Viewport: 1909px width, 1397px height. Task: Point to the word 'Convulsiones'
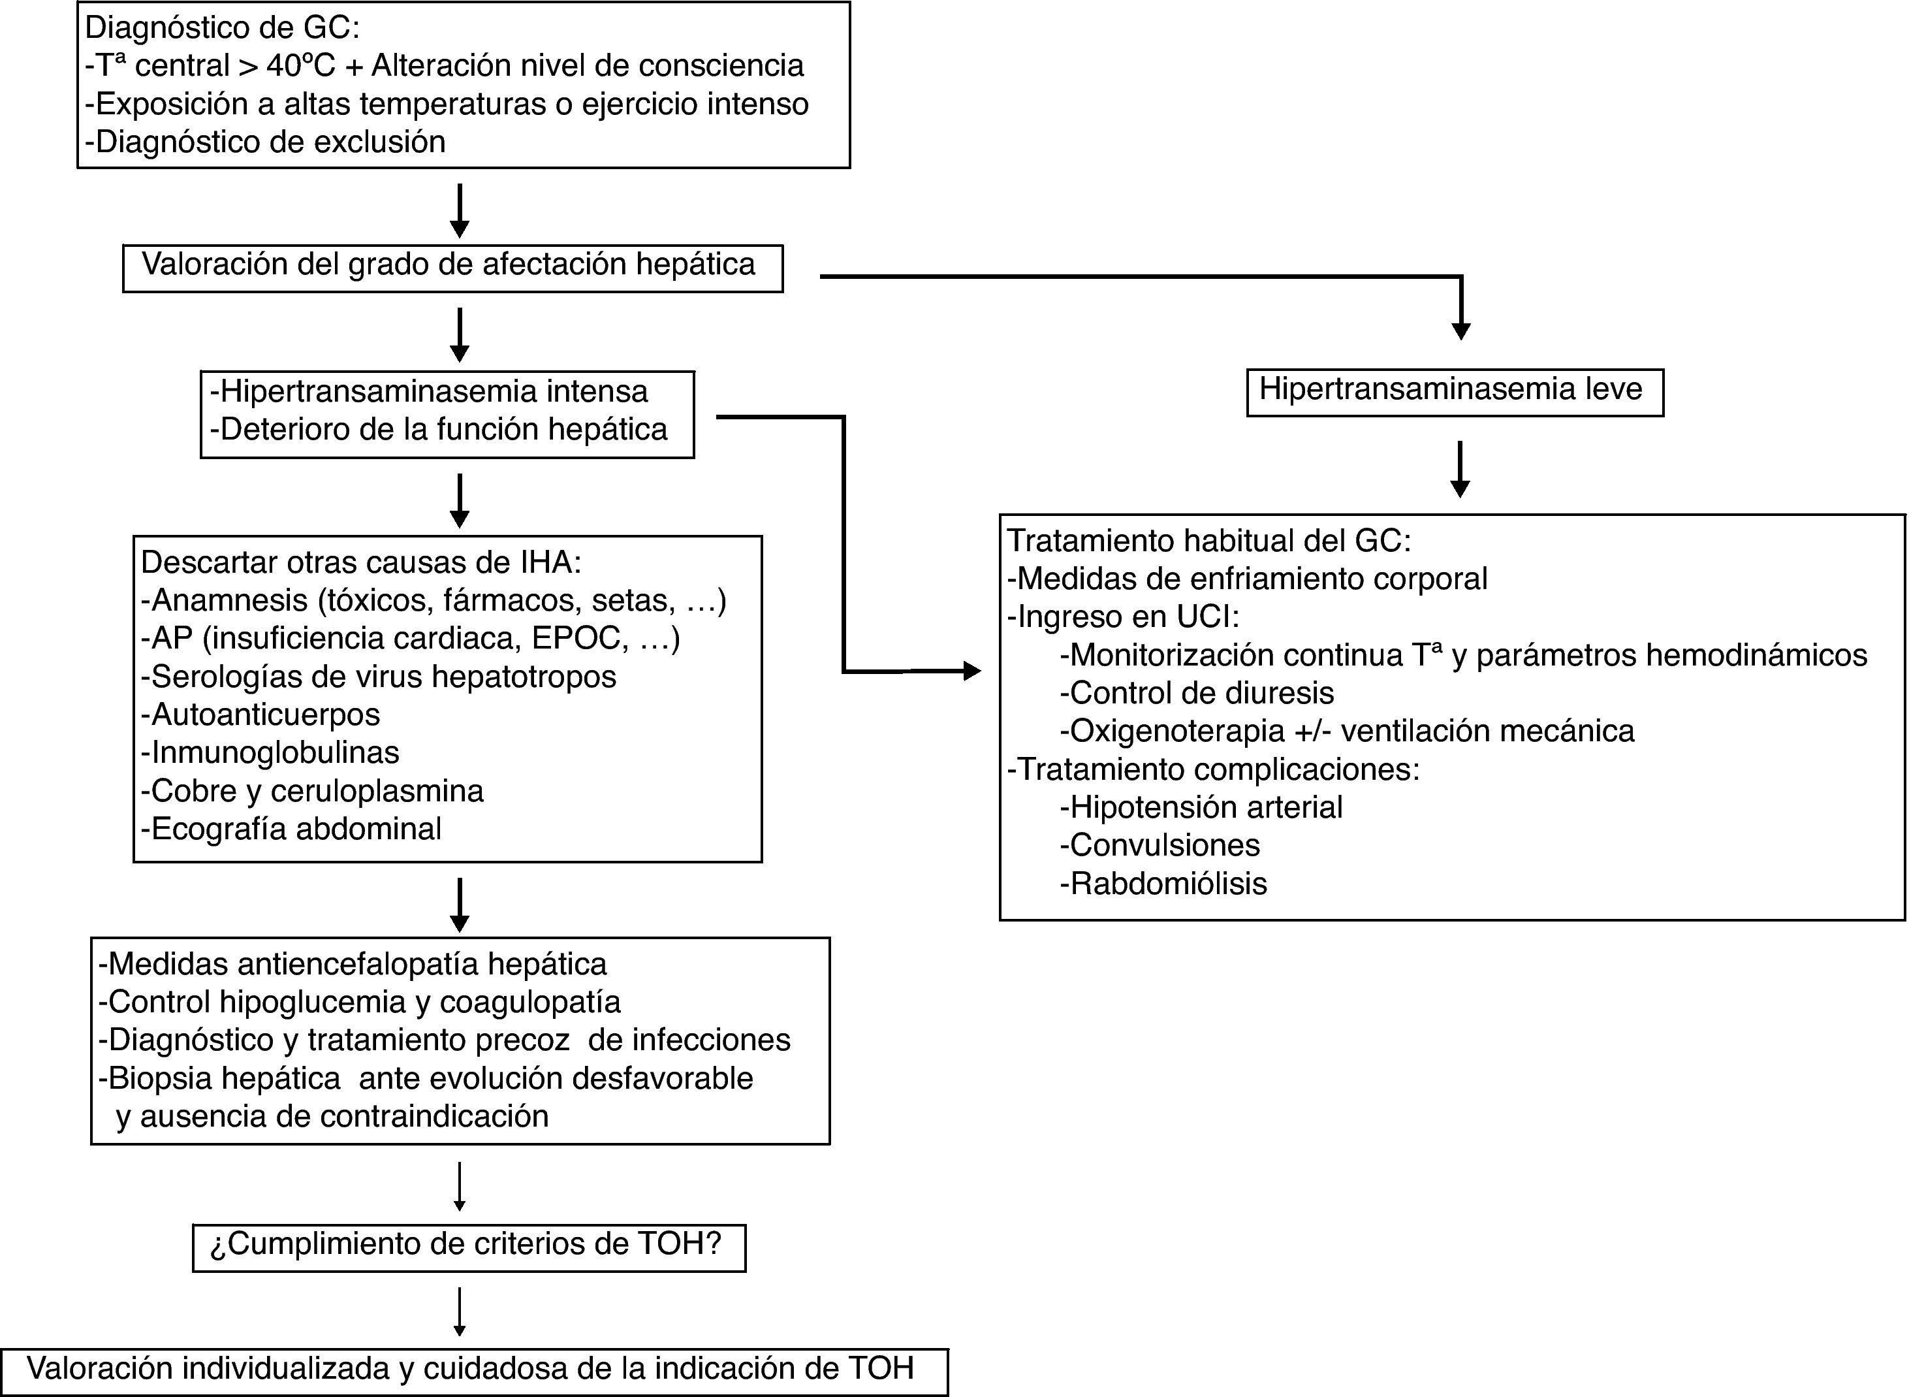pos(1164,844)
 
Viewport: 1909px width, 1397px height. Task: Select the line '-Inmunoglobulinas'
pos(270,752)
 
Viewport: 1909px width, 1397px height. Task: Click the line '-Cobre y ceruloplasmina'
pos(312,791)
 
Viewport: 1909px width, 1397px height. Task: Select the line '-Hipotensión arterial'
pos(1201,808)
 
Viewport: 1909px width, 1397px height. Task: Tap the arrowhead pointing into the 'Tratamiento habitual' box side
pos(972,671)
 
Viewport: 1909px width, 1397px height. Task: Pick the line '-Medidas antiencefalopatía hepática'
pos(353,964)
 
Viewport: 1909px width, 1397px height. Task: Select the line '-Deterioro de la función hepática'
pos(439,430)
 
